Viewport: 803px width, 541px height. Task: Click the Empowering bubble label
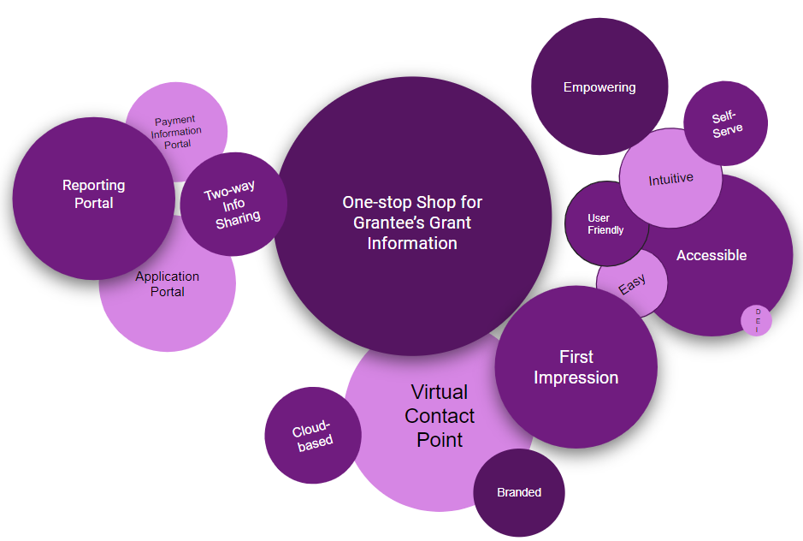click(x=599, y=87)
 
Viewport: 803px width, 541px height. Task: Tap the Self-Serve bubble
click(x=726, y=123)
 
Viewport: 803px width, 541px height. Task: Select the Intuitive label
click(x=670, y=179)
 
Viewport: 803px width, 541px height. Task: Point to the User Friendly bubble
click(x=605, y=224)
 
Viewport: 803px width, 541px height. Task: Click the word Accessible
click(x=711, y=255)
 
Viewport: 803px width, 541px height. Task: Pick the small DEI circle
click(x=757, y=320)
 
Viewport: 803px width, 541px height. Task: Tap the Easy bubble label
click(x=632, y=284)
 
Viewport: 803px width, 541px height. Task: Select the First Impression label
click(x=576, y=367)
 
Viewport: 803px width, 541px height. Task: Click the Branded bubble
click(x=519, y=492)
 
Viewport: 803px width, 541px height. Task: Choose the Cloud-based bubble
click(x=312, y=436)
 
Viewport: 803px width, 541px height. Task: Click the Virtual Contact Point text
click(x=440, y=416)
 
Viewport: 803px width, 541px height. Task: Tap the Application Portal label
click(x=167, y=284)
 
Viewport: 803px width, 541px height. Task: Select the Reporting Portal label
click(x=93, y=194)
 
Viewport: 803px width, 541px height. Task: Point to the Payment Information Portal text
click(x=176, y=132)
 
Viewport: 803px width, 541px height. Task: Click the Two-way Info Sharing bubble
click(x=231, y=204)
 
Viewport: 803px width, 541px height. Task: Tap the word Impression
click(x=576, y=378)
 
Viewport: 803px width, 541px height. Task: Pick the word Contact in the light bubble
click(x=440, y=416)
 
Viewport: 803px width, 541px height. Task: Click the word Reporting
click(x=93, y=185)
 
